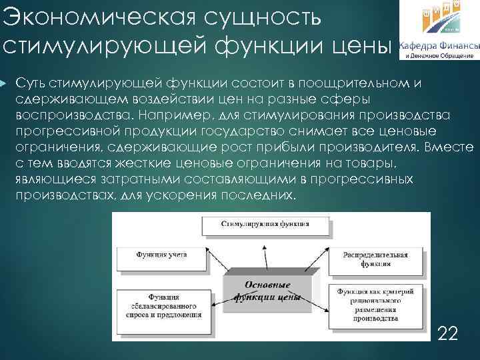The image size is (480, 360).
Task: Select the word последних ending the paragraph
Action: click(x=257, y=195)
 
